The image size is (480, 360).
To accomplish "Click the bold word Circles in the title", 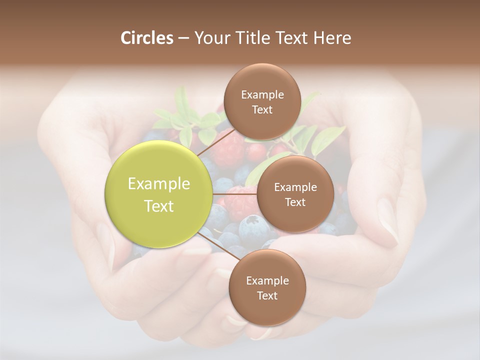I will click(146, 38).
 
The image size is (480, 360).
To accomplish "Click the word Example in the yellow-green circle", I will click(159, 184).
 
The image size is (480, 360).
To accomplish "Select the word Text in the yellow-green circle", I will click(159, 206).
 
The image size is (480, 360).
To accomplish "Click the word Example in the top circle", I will click(262, 95).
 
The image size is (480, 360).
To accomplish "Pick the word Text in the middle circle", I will click(295, 202).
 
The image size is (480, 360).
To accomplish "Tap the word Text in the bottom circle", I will click(267, 295).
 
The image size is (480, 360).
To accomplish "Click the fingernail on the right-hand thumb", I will click(387, 220).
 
